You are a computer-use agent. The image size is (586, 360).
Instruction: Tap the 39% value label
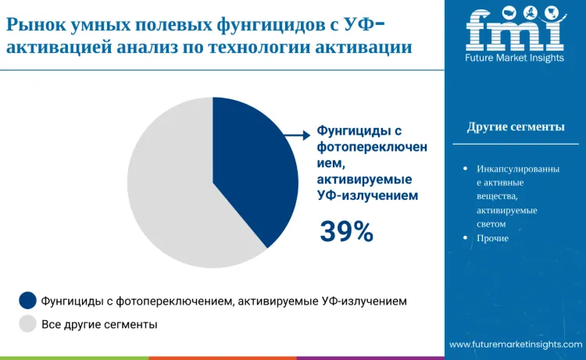[346, 230]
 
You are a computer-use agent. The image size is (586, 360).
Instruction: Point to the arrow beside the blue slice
[294, 135]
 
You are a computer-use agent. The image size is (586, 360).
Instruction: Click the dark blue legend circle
[27, 300]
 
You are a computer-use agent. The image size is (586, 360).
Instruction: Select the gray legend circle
[27, 324]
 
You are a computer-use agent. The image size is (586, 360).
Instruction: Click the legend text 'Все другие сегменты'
[99, 324]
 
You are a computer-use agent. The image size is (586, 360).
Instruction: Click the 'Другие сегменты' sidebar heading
[516, 127]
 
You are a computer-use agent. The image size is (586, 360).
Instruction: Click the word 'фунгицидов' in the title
[279, 24]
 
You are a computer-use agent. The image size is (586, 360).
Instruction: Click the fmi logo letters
[515, 30]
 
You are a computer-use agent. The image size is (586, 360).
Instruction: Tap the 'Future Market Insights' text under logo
[515, 58]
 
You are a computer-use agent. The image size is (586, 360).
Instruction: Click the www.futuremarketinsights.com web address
[515, 344]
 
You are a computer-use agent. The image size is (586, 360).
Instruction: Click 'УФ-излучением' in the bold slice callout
[367, 196]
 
